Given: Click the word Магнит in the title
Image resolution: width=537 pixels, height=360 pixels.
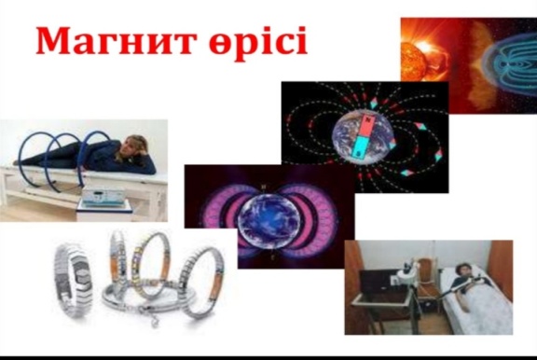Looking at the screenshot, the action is tap(117, 40).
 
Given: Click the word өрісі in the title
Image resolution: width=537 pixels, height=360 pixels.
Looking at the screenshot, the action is tap(258, 43).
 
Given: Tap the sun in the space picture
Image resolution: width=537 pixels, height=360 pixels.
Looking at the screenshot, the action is tap(413, 61).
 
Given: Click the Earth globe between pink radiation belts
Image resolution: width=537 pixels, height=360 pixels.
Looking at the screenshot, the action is tap(269, 218).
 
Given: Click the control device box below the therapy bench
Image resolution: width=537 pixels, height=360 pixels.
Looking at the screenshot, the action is tap(103, 197).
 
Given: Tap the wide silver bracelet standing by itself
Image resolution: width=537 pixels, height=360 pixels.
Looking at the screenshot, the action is tap(73, 279).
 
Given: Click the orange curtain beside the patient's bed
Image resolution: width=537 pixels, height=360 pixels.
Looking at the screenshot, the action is tap(500, 259).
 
